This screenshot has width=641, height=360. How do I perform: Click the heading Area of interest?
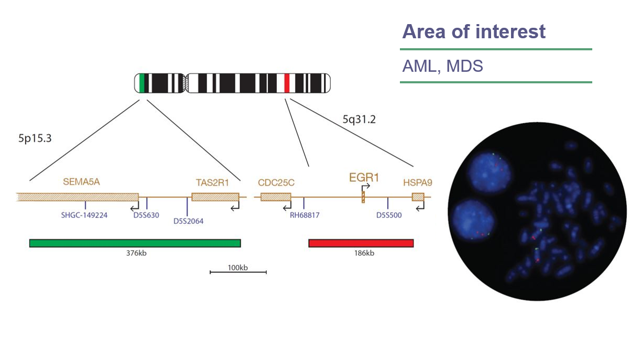[x=474, y=32]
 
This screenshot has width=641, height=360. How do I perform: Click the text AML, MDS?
[x=442, y=67]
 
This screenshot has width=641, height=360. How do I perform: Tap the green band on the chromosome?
[x=142, y=83]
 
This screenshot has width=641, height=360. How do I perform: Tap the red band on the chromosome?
[x=287, y=83]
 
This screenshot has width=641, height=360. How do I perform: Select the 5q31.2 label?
[x=359, y=119]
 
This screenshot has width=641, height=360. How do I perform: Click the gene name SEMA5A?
[x=81, y=182]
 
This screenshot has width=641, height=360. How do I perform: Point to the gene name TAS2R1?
[x=212, y=182]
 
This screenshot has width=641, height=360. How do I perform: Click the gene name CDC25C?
[x=276, y=182]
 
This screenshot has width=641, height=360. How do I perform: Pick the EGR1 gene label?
[x=364, y=178]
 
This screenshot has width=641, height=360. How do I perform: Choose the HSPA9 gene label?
[x=417, y=182]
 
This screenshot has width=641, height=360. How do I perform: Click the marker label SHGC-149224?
[x=84, y=215]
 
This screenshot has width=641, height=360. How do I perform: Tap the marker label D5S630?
[x=146, y=215]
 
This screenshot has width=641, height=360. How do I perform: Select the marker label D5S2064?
[x=188, y=221]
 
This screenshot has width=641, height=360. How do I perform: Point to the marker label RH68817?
[x=305, y=215]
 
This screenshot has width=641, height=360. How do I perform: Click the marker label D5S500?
[x=389, y=215]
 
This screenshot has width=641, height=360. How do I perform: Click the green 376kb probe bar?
[x=135, y=243]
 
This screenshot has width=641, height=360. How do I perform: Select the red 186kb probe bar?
[x=361, y=243]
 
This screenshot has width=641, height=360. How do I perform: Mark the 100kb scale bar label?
[x=237, y=268]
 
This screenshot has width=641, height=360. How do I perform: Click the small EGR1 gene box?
[x=363, y=198]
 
